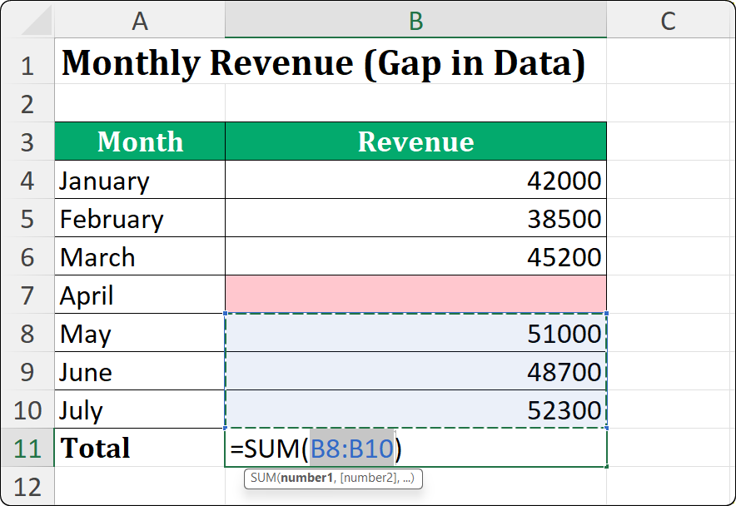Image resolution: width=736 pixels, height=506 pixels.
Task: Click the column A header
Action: coord(140,21)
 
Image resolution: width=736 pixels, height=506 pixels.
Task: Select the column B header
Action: coord(415,21)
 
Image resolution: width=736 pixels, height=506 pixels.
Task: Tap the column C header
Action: coord(668,21)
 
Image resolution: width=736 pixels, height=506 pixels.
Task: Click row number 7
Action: coord(27,295)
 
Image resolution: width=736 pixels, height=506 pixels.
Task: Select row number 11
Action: coord(27,449)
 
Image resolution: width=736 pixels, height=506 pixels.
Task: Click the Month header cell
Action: coord(140,141)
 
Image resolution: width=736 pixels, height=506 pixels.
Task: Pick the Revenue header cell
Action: coord(415,141)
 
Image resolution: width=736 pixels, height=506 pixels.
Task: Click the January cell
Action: coord(105,181)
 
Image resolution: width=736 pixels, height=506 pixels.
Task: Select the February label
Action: coord(112,219)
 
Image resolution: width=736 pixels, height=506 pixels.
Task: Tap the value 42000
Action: coord(564,181)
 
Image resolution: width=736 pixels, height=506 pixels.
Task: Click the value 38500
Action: coord(564,219)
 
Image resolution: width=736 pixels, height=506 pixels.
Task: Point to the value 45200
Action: coord(564,257)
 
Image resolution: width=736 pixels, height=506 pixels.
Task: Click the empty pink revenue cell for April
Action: coord(415,295)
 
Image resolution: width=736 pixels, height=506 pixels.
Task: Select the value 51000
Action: coord(564,334)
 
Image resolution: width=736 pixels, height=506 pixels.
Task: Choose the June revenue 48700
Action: coord(564,372)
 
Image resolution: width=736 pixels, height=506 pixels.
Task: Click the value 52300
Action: coord(564,410)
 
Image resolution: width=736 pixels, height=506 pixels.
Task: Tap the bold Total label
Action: coord(96,449)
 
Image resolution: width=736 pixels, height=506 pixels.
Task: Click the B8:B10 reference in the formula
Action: coord(351,449)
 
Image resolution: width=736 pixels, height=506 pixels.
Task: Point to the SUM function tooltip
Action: coord(333,479)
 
